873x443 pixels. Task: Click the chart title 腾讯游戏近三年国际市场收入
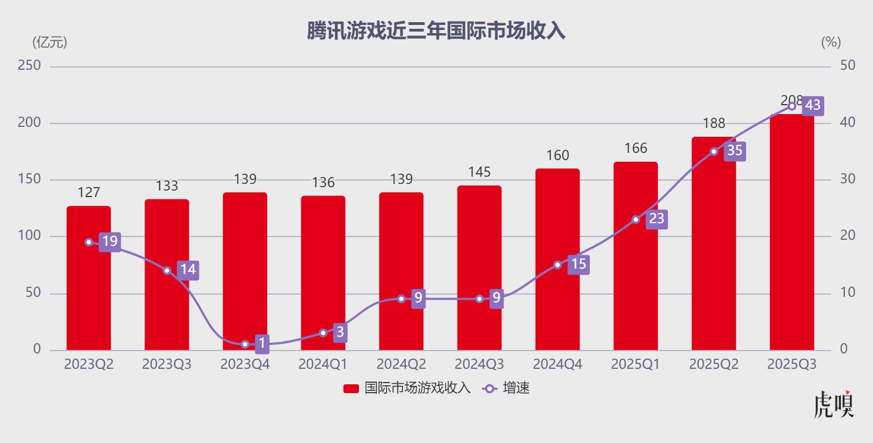click(436, 31)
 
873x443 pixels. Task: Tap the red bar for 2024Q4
click(557, 310)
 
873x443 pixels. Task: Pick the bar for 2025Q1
click(635, 288)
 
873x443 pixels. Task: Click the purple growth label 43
click(813, 105)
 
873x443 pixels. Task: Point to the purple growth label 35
click(735, 151)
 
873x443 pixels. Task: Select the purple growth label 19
click(110, 241)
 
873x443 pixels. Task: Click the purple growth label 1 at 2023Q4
click(262, 343)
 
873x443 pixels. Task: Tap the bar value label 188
click(713, 123)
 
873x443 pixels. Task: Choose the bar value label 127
click(89, 193)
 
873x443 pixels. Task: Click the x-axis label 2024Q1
click(323, 364)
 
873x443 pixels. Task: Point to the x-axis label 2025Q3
click(792, 364)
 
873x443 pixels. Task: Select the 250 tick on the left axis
click(29, 65)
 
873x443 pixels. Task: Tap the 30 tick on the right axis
click(848, 179)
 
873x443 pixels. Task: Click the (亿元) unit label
click(50, 42)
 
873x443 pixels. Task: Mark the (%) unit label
click(830, 42)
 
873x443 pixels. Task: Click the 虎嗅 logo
click(834, 404)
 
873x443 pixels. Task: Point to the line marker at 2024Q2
click(401, 299)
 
